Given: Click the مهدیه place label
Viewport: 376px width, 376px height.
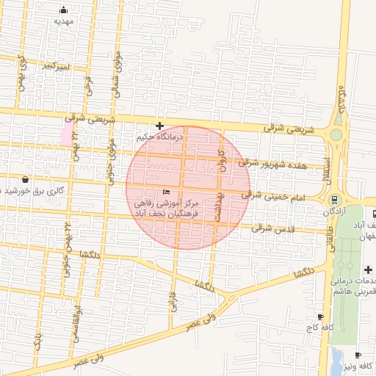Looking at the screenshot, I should coord(64,21).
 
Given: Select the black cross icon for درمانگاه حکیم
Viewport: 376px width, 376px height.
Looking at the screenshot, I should coord(159,126).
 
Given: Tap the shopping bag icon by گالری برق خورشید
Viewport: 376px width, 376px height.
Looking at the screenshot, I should coord(26,178).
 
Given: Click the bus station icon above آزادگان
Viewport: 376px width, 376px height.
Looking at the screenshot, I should coord(334,199).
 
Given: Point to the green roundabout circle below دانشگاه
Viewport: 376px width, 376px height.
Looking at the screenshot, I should coord(336,134).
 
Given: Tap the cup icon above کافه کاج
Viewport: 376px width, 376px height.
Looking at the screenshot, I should coord(320,316).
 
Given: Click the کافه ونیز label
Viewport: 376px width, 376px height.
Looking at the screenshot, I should coord(358,366).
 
